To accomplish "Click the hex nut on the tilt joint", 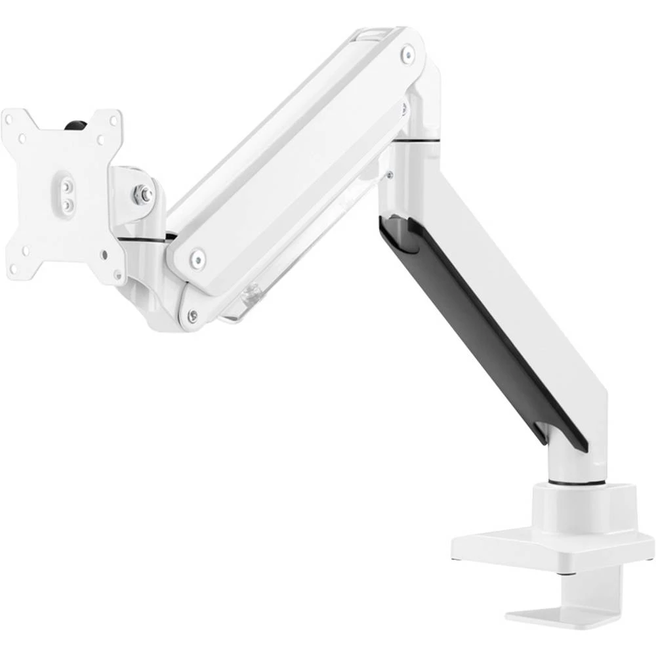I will tap(142, 194).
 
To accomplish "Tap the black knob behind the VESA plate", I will tap(77, 124).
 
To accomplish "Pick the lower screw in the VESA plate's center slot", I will tap(66, 205).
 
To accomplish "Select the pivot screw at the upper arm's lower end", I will tap(197, 258).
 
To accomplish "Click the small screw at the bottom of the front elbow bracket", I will tap(192, 316).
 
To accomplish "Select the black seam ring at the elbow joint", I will tap(420, 140).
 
